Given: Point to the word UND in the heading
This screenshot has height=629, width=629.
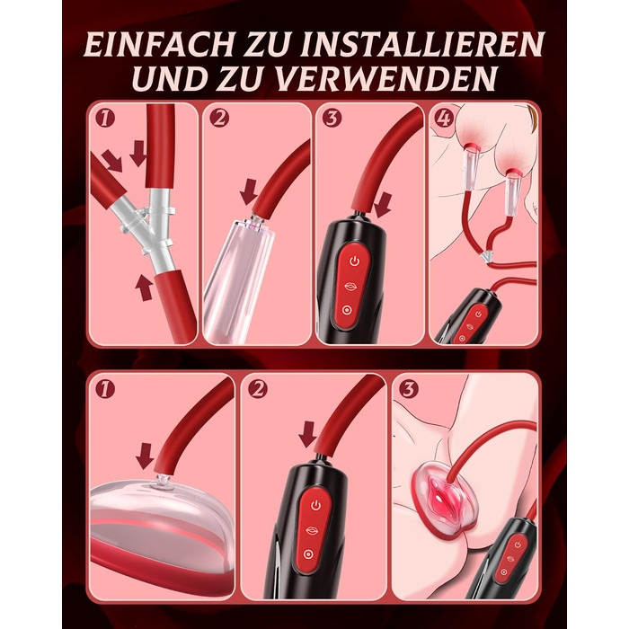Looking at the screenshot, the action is (x=169, y=78).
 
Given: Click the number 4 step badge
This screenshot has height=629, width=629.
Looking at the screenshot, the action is (x=444, y=118).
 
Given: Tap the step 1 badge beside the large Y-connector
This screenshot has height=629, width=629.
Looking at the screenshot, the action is (x=105, y=118).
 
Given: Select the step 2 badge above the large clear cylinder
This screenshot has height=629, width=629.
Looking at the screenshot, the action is (x=219, y=118).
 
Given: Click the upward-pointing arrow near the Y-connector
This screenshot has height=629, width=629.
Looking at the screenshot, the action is (x=143, y=288).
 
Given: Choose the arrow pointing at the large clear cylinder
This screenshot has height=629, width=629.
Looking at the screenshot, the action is (x=249, y=191).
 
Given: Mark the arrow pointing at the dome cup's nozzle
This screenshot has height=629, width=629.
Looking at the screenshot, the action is (x=145, y=456).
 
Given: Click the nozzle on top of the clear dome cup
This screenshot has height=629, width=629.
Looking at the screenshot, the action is (x=163, y=482).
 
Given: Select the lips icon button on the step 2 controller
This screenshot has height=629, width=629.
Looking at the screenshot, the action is (x=312, y=530).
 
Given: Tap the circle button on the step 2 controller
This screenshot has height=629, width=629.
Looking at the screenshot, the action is (x=308, y=554).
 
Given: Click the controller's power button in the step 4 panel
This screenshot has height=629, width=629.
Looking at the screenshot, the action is (x=478, y=314).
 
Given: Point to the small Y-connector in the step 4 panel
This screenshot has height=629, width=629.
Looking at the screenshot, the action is (x=487, y=256).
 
